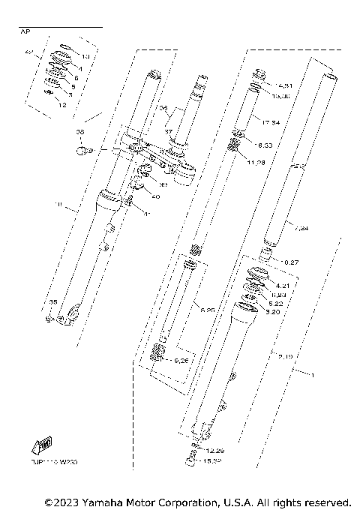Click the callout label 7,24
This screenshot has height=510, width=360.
(x=301, y=227)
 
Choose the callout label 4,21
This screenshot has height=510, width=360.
(x=282, y=286)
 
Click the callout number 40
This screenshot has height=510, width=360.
(x=154, y=197)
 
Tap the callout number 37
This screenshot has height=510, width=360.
(x=169, y=132)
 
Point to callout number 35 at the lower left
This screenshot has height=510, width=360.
(x=52, y=302)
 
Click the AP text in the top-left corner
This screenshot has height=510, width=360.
(x=25, y=32)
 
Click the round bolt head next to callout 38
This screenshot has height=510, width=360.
(x=82, y=151)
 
